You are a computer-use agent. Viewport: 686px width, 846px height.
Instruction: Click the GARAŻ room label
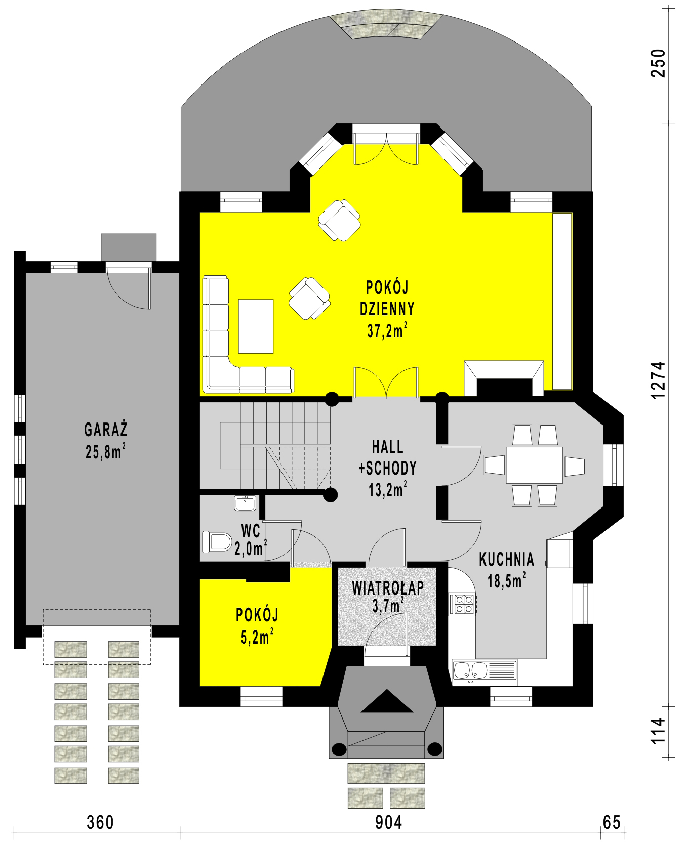106,430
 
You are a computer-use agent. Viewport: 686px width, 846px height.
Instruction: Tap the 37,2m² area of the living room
388,331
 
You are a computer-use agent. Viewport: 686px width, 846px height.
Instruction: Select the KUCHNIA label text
506,559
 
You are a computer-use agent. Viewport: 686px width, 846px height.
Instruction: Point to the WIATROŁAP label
388,588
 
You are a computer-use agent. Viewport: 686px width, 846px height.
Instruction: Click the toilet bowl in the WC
217,541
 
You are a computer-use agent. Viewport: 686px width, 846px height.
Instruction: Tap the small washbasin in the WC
246,503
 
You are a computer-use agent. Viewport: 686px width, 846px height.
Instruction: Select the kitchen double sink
484,672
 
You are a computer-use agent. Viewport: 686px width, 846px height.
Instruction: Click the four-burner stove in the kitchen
462,604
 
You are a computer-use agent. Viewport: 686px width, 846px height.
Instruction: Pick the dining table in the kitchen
534,464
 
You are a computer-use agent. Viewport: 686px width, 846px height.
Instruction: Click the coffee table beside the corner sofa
256,326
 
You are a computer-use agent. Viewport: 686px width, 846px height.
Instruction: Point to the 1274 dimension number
658,380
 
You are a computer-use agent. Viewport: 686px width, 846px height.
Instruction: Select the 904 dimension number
389,822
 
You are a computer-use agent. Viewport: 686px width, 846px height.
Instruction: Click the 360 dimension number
100,822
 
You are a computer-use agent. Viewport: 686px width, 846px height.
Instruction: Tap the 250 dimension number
658,63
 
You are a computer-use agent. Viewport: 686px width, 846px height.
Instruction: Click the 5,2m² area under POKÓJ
257,637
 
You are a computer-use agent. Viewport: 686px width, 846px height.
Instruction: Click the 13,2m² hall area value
388,490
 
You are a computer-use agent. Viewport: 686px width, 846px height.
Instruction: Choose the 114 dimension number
658,731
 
